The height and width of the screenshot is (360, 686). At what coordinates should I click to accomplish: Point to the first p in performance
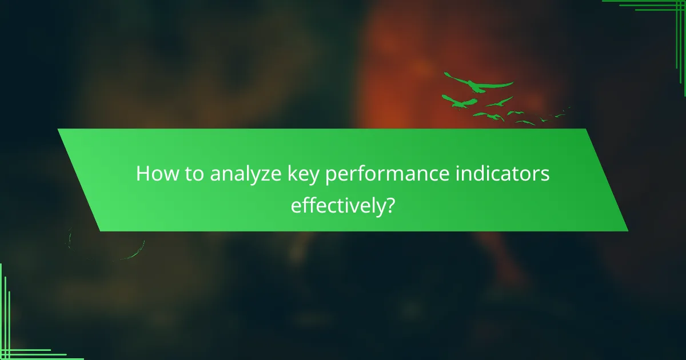tap(330, 177)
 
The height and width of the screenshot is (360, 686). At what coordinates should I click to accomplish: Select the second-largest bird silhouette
tap(460, 102)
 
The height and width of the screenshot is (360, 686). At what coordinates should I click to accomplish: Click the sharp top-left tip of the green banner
tap(58, 129)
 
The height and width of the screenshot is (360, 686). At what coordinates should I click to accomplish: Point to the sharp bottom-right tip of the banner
tap(627, 230)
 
